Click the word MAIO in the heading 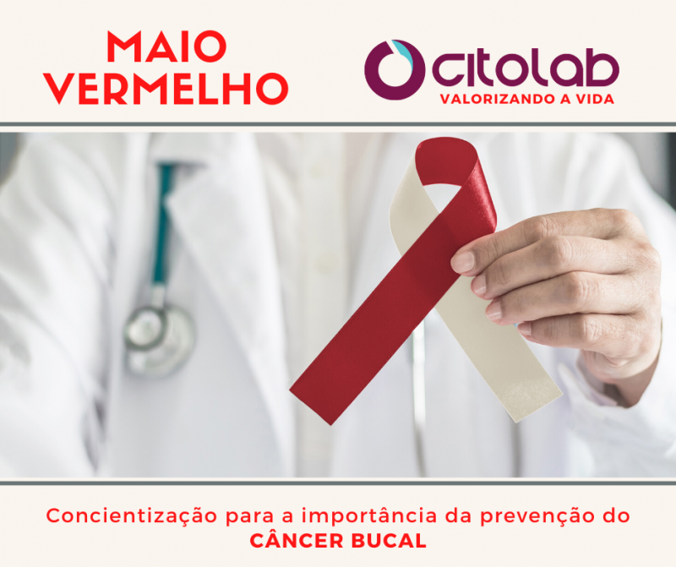166,46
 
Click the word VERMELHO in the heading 166,89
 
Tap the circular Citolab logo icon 395,70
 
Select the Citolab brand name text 526,68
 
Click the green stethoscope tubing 163,224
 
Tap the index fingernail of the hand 462,262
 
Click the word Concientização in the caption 131,516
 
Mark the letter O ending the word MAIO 210,46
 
